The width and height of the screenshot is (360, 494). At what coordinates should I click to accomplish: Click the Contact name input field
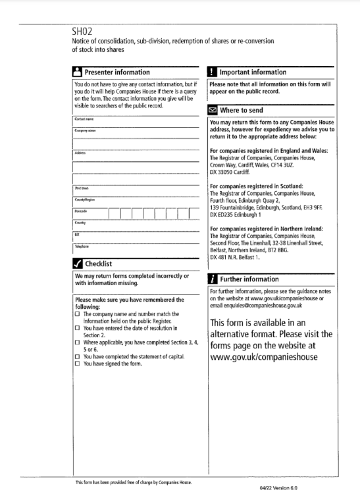click(x=135, y=122)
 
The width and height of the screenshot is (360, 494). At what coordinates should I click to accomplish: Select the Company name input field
click(x=135, y=134)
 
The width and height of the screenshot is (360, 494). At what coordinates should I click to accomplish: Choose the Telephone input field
click(x=135, y=249)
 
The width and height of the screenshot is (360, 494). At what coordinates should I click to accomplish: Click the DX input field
click(x=135, y=236)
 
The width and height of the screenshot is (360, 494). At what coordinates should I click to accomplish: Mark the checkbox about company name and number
click(x=77, y=315)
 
